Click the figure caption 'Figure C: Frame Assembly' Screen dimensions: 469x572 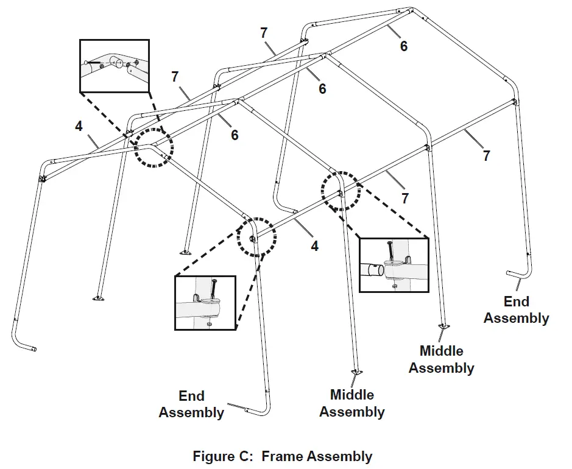tap(282, 456)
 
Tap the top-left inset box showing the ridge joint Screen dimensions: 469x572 tap(115, 66)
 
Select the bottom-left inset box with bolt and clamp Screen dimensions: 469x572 tap(205, 303)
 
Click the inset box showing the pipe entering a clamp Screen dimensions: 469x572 tap(394, 264)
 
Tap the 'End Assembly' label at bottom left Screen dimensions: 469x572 tap(191, 404)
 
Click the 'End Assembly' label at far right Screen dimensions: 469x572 tap(516, 309)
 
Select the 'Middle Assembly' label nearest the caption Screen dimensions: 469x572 tap(351, 403)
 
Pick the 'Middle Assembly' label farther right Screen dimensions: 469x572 tap(441, 359)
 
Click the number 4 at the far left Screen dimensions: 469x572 tap(79, 126)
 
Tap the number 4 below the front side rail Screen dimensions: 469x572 tap(315, 247)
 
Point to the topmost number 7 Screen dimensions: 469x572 tap(264, 33)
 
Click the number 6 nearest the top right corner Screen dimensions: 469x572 tap(403, 46)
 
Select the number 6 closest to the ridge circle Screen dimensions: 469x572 tap(234, 135)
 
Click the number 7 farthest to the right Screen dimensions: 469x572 tap(486, 155)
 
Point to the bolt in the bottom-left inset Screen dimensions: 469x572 tap(213, 291)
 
